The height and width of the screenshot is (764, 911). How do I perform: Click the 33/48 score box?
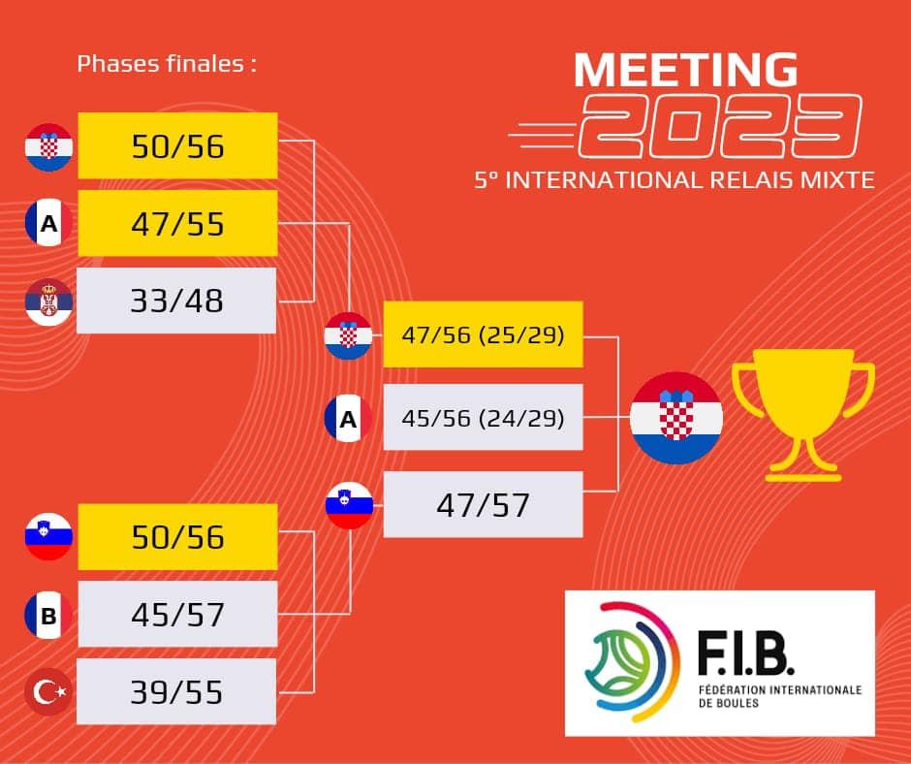[x=176, y=301]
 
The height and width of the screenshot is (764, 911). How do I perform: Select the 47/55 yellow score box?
[x=177, y=223]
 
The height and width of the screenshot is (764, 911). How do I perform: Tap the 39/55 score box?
[x=176, y=691]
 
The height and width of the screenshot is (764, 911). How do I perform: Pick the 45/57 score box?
[x=177, y=614]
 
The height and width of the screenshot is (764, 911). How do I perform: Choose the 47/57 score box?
[x=483, y=505]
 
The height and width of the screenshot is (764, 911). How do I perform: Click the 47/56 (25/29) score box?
[x=483, y=334]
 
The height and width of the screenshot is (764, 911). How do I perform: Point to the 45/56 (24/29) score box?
[x=483, y=417]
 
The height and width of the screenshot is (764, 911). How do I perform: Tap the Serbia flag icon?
[x=48, y=302]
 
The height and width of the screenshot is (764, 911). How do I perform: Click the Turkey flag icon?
[x=48, y=692]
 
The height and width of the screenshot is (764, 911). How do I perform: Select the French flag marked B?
[x=48, y=615]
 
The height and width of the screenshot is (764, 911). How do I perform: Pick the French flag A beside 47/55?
[x=48, y=223]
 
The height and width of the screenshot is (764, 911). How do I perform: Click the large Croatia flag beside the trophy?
[x=676, y=418]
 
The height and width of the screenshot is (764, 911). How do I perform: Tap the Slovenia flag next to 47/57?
[x=349, y=505]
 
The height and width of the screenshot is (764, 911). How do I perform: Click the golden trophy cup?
[x=803, y=415]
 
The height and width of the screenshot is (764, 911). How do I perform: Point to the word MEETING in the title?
[x=685, y=70]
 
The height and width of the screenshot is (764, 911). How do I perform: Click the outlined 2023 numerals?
[x=720, y=126]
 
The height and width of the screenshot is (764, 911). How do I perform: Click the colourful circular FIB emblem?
[x=632, y=661]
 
